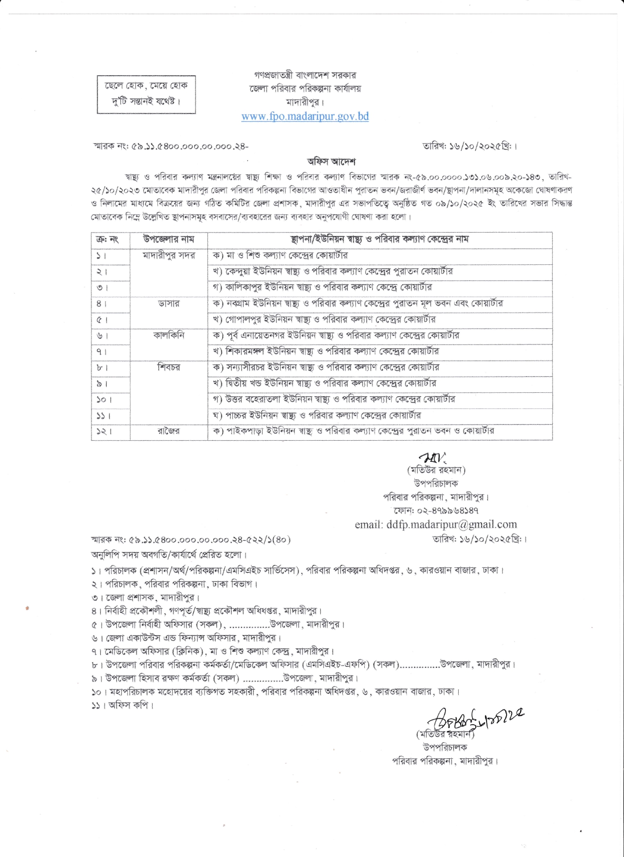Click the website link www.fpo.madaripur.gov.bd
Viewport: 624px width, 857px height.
(305, 116)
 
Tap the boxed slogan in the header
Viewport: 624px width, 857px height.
(146, 94)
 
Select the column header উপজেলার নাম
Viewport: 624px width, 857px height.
(169, 239)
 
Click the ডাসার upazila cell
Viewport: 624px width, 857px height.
(169, 303)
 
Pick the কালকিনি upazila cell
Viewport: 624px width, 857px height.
(169, 336)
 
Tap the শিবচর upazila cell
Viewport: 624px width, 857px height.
(169, 367)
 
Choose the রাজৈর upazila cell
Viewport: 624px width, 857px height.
(169, 431)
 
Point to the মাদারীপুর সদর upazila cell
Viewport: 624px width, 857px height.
(169, 256)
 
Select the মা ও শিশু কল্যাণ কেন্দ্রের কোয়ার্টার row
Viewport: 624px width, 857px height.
(281, 256)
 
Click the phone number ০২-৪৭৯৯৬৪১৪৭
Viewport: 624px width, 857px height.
(436, 511)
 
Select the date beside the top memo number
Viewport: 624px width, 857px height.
(470, 146)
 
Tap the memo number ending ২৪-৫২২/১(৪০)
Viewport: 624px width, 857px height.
(191, 540)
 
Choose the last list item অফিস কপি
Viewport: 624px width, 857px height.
(122, 706)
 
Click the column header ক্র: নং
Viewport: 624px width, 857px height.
(108, 239)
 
